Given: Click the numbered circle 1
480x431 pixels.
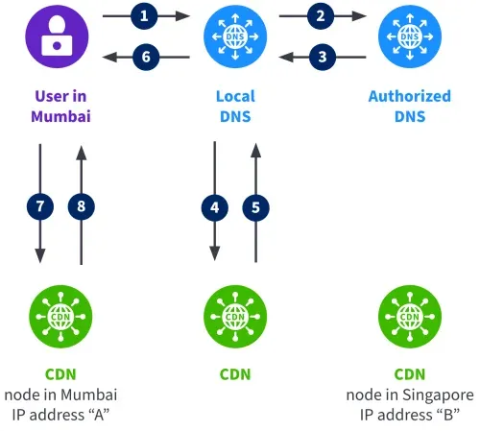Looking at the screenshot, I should click(x=145, y=16).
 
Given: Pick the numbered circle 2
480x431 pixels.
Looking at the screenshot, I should click(x=323, y=16).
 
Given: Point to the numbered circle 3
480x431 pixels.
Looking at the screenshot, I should click(x=323, y=57).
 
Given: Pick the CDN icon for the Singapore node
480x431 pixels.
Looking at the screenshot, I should click(x=409, y=314).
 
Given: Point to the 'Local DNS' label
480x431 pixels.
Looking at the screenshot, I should click(x=233, y=106).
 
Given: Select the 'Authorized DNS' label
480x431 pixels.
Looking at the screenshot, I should click(x=409, y=106).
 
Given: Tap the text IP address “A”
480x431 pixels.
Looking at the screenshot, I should click(x=60, y=414).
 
